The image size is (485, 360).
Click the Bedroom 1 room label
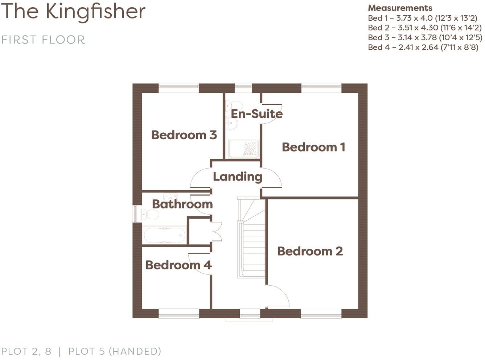pyautogui.click(x=313, y=147)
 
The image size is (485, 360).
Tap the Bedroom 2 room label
pyautogui.click(x=310, y=251)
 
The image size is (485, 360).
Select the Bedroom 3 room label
pyautogui.click(x=184, y=135)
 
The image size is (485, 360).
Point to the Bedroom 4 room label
pyautogui.click(x=178, y=265)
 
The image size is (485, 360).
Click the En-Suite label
pyautogui.click(x=257, y=114)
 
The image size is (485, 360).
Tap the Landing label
pyautogui.click(x=237, y=177)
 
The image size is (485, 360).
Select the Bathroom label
pyautogui.click(x=182, y=204)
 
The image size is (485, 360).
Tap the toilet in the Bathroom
pyautogui.click(x=150, y=214)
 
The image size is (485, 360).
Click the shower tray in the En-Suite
pyautogui.click(x=243, y=149)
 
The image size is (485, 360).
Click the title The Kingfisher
pyautogui.click(x=74, y=11)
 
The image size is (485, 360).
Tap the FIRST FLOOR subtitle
pyautogui.click(x=43, y=40)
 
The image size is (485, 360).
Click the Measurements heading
pyautogui.click(x=400, y=8)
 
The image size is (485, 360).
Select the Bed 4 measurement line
pyautogui.click(x=423, y=47)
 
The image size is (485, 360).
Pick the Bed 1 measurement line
pyautogui.click(x=422, y=18)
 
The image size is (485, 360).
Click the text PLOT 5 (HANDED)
pyautogui.click(x=115, y=351)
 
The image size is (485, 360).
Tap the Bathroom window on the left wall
pyautogui.click(x=136, y=214)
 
